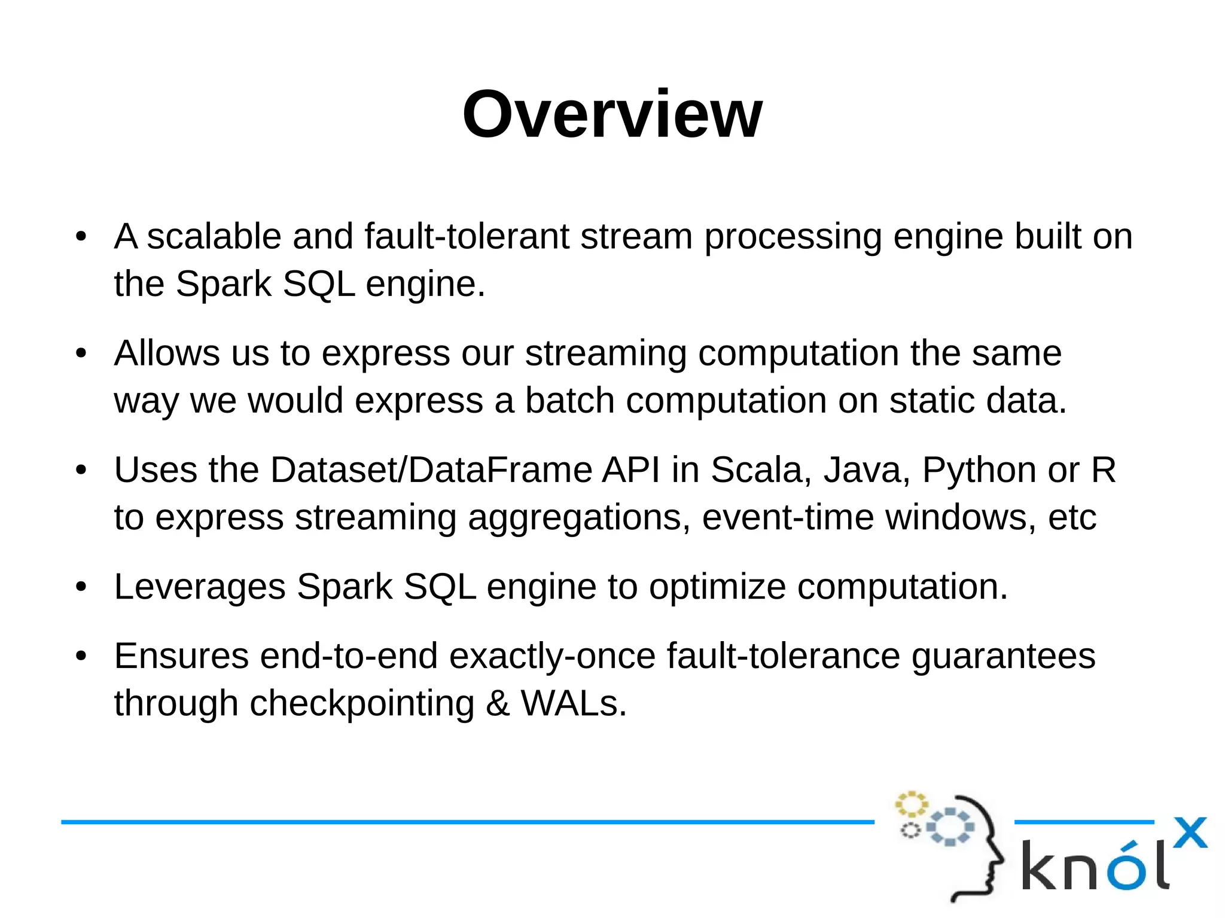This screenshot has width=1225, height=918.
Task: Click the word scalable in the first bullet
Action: pos(214,236)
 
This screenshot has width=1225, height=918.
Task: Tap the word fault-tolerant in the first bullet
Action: pos(467,236)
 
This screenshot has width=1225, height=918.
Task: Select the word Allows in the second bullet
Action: pos(167,353)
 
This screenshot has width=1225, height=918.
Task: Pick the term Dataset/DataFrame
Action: pos(431,470)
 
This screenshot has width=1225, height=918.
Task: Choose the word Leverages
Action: pos(200,587)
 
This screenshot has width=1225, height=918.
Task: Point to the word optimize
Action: pos(717,587)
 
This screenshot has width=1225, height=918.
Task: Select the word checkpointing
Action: pos(362,704)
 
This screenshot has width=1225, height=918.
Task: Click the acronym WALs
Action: pos(573,703)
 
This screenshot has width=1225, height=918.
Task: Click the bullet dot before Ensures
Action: pos(81,656)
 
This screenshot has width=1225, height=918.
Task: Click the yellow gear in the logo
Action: pos(910,804)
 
